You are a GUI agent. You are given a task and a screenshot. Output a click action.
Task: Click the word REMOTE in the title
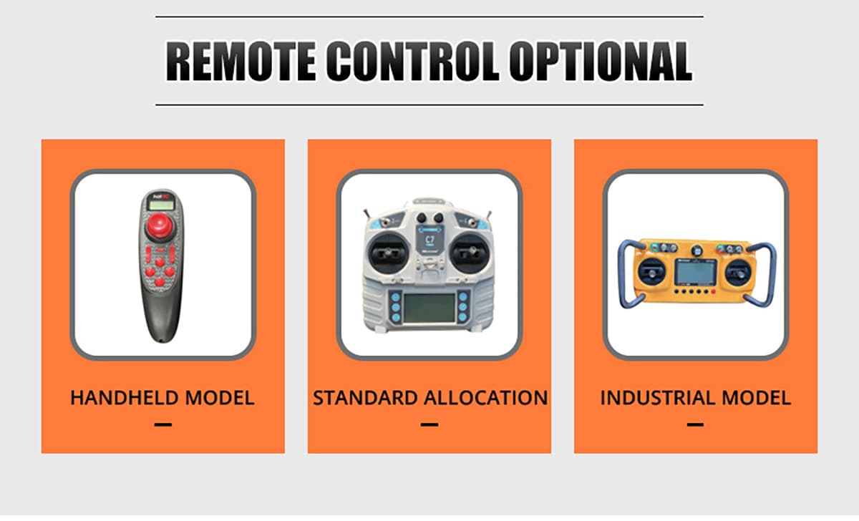[241, 62]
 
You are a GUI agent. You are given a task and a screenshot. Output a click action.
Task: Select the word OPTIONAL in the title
[601, 62]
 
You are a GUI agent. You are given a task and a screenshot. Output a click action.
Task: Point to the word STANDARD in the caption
[366, 398]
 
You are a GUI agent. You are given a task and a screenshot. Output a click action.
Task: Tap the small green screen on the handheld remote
[162, 205]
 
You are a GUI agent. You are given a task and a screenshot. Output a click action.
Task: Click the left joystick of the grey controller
[388, 253]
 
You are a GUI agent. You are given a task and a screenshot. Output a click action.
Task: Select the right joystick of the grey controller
[470, 253]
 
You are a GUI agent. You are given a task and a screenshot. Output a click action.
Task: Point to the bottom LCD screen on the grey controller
[429, 308]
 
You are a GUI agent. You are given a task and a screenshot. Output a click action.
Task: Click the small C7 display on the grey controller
[429, 240]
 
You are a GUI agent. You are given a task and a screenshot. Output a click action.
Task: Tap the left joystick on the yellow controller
[651, 272]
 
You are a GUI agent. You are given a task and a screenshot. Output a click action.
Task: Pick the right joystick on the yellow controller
[738, 272]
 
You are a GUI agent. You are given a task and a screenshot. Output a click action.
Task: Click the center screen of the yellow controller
[695, 272]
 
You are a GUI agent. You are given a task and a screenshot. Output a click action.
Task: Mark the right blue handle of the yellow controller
[770, 273]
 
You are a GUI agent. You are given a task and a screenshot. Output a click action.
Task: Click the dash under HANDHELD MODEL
[163, 424]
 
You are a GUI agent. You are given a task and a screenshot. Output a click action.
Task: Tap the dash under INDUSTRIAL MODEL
[695, 424]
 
